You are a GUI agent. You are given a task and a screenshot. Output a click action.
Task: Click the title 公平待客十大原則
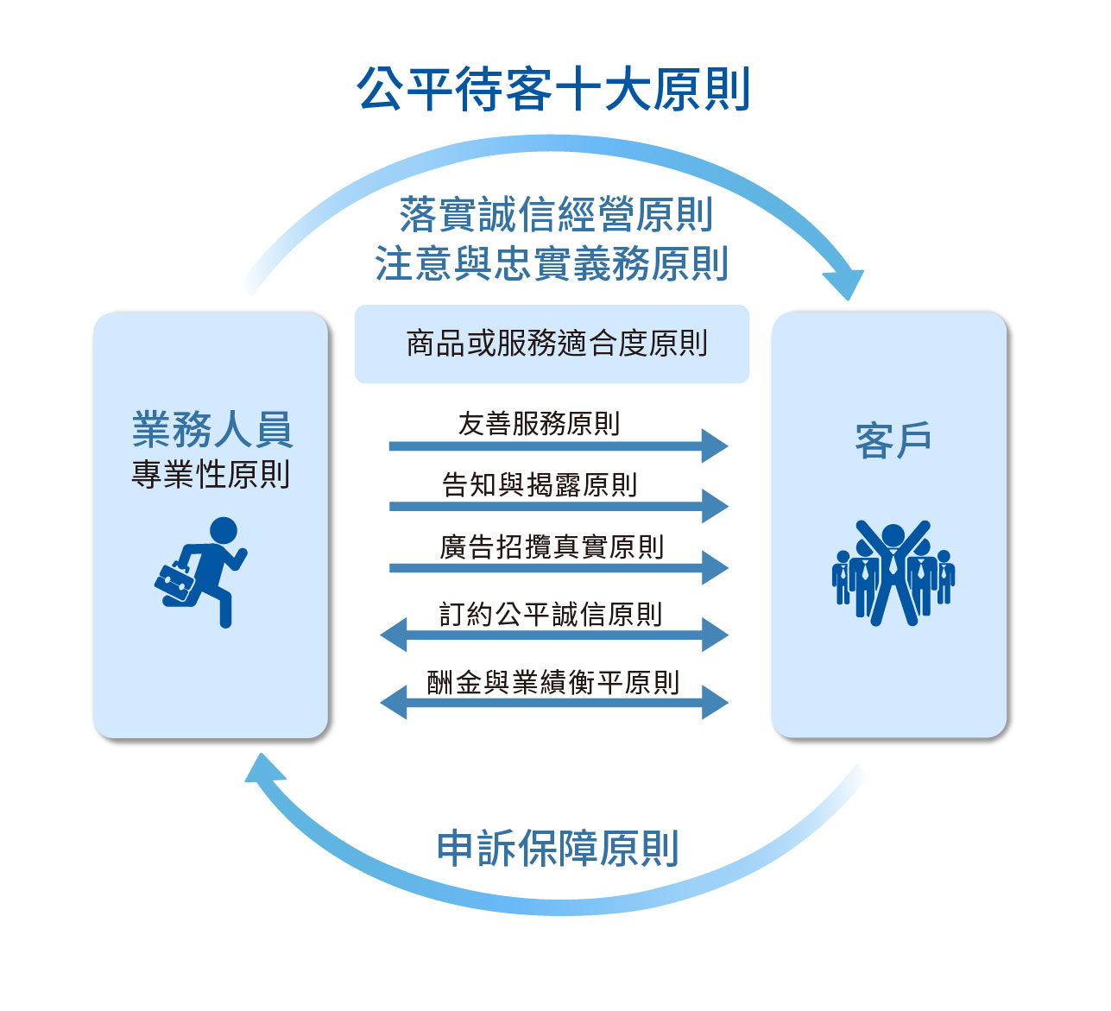click(x=552, y=89)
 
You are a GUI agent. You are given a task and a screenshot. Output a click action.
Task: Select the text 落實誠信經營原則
click(x=556, y=214)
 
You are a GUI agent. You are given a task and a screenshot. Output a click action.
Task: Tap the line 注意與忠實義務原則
click(x=552, y=263)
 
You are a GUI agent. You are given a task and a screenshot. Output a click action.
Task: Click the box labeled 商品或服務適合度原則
click(x=552, y=344)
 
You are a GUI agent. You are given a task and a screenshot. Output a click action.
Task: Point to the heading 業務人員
click(x=212, y=429)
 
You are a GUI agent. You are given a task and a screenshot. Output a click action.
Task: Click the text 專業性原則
click(x=211, y=474)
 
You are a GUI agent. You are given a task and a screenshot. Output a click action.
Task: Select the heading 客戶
click(x=893, y=439)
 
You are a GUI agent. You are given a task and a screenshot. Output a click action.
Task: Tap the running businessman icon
click(x=201, y=572)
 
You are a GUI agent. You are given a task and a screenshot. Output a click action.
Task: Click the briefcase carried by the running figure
click(x=175, y=584)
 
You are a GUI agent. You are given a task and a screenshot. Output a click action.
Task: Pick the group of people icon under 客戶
click(x=893, y=572)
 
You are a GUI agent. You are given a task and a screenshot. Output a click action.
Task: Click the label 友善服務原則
click(x=539, y=424)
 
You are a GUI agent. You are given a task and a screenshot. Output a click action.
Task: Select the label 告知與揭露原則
click(x=540, y=484)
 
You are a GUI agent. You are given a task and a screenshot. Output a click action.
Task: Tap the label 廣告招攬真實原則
click(x=552, y=547)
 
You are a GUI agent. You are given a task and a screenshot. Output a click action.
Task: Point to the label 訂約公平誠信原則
click(x=551, y=614)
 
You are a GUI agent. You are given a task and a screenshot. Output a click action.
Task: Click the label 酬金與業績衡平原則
click(x=552, y=682)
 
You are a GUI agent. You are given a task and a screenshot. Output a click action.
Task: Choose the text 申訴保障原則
click(x=558, y=848)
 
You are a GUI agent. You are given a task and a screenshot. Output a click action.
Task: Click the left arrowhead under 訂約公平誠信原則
click(x=394, y=635)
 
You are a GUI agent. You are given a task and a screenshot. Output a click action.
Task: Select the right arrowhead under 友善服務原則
click(x=715, y=445)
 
